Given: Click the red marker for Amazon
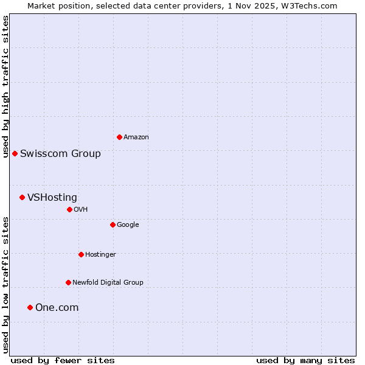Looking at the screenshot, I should (x=119, y=137).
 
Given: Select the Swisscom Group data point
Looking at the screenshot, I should (x=15, y=153).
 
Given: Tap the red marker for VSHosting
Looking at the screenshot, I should (x=22, y=197).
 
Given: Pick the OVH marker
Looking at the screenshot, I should (x=69, y=209).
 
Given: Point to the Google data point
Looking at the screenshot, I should (x=113, y=224).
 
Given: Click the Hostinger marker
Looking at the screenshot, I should (x=81, y=254).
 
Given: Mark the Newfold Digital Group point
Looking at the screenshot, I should (x=68, y=282).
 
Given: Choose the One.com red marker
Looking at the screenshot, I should (x=30, y=307).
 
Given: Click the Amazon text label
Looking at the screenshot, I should (x=136, y=137).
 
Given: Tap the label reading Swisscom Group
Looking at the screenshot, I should (x=60, y=153).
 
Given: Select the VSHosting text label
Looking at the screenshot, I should (x=52, y=197).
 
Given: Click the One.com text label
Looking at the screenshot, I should (x=57, y=307).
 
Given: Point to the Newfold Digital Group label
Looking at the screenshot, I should (x=108, y=282).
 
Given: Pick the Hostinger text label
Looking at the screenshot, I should (x=100, y=254).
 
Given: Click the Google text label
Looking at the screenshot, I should (x=128, y=224).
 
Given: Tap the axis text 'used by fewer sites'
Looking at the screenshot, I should (x=63, y=360).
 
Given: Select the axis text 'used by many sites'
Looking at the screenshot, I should (x=305, y=360).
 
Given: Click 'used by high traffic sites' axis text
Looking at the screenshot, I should (x=5, y=87).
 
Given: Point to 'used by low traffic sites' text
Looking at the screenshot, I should (x=5, y=285).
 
